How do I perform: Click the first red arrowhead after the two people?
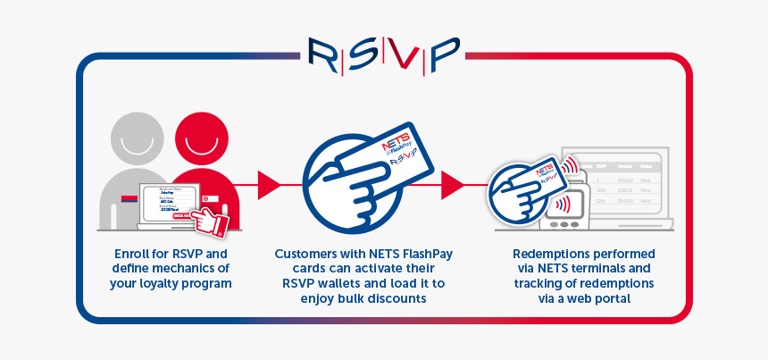(x=269, y=185)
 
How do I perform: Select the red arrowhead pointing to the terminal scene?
(x=453, y=185)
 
